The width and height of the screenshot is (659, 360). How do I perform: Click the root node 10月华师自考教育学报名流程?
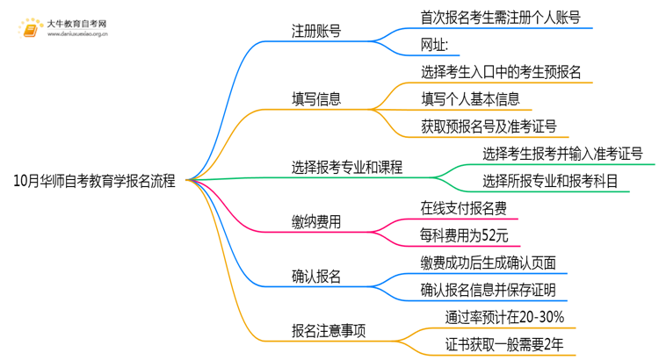95,181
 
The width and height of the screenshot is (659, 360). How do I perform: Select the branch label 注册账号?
316,31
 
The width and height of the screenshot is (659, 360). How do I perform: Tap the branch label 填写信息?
316,98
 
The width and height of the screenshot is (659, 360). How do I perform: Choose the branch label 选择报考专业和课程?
347,166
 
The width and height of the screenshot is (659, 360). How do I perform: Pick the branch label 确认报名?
316,277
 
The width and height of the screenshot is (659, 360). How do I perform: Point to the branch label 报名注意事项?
329,331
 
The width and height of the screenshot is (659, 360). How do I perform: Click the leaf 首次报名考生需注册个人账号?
500,17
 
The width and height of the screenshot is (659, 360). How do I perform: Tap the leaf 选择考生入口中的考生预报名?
500,71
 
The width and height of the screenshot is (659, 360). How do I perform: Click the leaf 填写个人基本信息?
470,98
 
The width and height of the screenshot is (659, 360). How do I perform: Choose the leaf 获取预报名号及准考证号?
489,126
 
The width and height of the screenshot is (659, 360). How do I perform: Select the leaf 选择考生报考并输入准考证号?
562,153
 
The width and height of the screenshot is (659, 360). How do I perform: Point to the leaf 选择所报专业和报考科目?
550,180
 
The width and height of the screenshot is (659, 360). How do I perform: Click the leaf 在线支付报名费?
464,209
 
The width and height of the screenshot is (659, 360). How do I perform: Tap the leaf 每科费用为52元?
464,235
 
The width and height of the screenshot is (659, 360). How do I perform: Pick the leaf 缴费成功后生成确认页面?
489,263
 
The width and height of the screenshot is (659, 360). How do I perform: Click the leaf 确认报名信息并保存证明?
489,290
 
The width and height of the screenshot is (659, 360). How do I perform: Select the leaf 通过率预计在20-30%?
505,317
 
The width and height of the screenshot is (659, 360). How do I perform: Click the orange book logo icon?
27,28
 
